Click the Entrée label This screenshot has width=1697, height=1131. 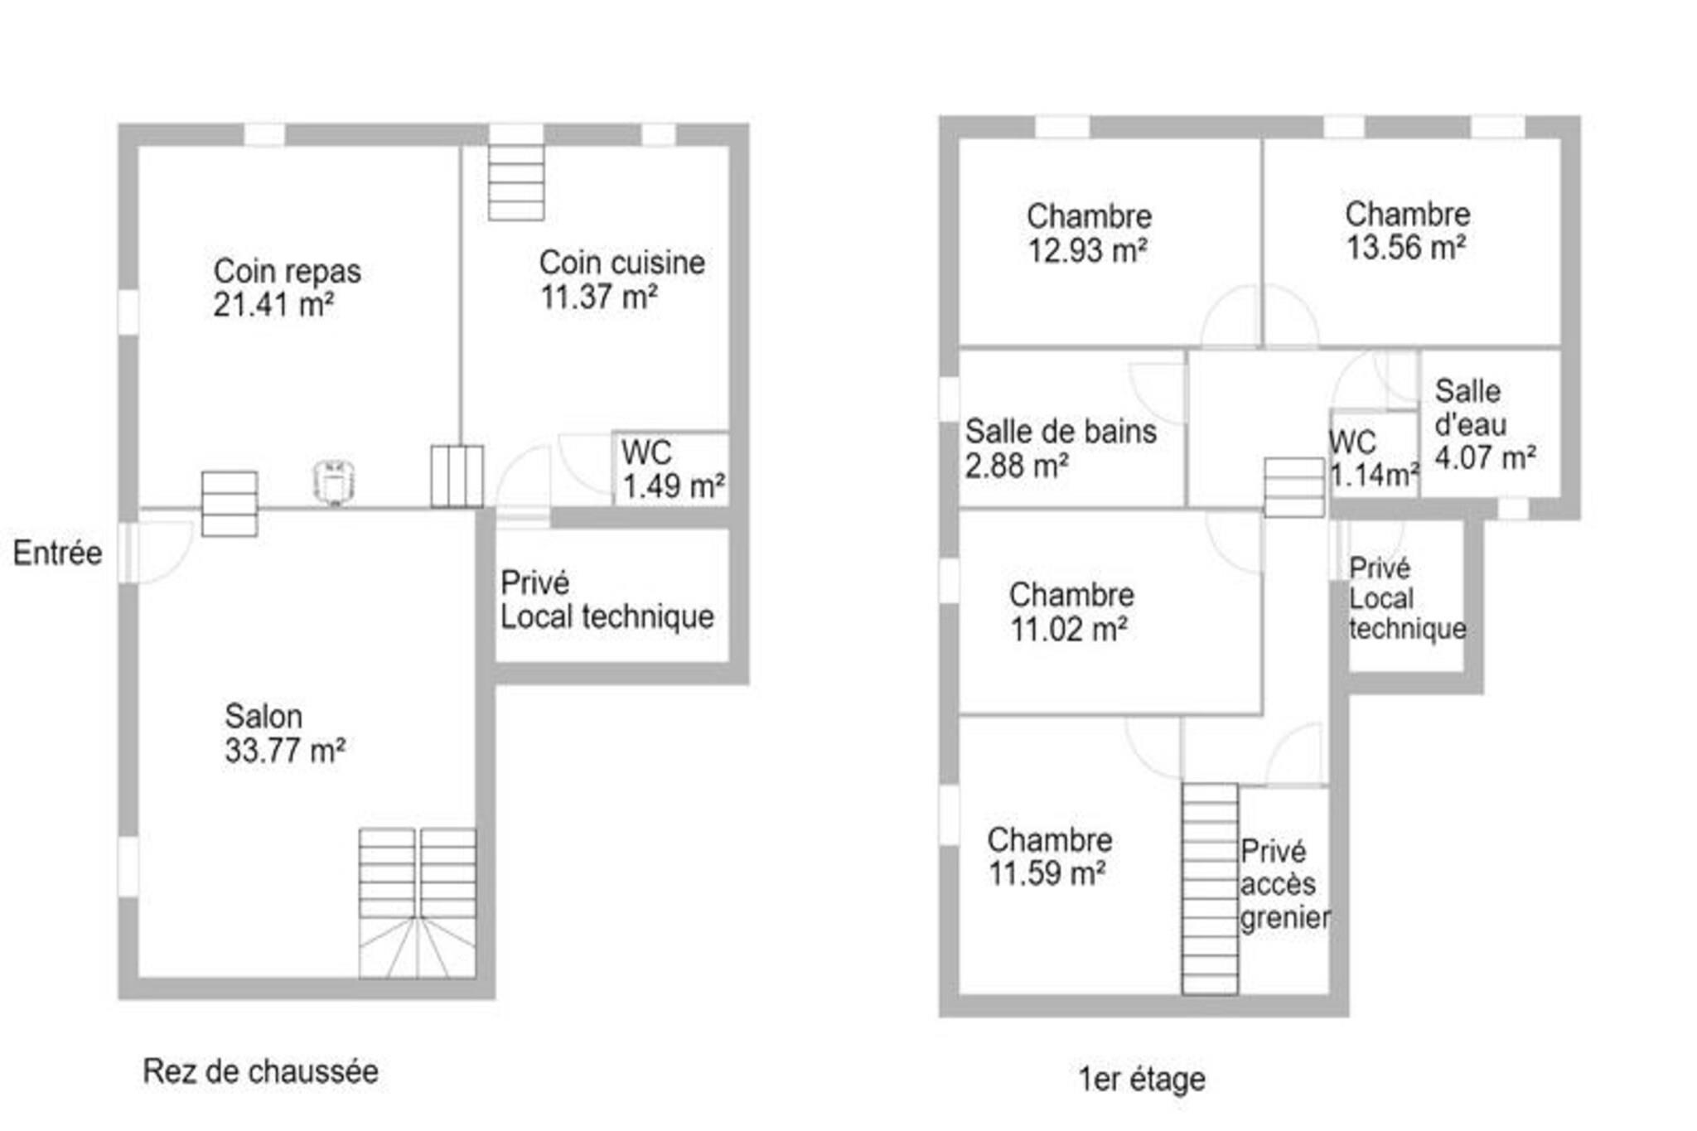57,553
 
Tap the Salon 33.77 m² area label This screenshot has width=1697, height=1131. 284,733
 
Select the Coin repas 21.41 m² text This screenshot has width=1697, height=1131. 287,288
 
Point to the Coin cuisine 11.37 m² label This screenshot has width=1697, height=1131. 621,279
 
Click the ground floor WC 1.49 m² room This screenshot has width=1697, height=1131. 672,468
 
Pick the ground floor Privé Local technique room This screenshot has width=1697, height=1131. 612,595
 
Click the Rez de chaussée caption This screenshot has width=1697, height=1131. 260,1071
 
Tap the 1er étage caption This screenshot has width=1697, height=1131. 1142,1079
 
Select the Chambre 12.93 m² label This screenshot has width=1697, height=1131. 1089,233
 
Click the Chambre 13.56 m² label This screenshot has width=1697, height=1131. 1407,230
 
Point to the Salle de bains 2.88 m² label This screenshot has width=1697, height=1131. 1061,448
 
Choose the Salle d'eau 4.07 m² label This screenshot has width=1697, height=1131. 1485,424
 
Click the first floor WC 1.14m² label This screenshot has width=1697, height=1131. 1373,458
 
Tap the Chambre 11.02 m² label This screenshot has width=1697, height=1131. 1071,612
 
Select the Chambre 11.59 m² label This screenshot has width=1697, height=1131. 1049,857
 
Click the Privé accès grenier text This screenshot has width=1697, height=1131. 1285,885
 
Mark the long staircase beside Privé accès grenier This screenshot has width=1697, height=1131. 1210,889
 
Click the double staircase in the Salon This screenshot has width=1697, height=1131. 418,903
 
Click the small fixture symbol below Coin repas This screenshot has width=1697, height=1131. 334,482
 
